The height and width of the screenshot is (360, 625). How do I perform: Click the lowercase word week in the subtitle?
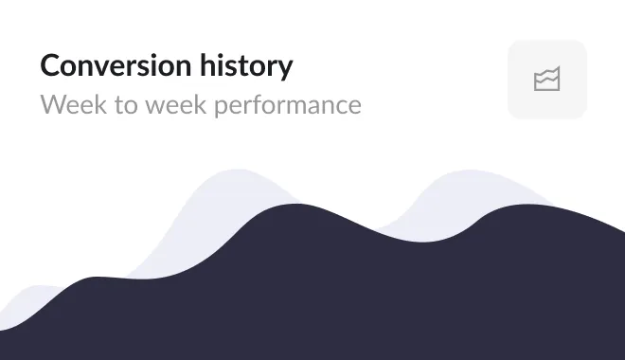coord(176,103)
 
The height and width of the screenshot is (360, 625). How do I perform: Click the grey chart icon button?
coord(547,80)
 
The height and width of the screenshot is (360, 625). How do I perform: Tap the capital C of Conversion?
coord(50,66)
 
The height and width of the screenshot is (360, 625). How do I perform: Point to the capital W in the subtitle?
coord(53,103)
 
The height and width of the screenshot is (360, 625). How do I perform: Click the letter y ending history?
coord(285,69)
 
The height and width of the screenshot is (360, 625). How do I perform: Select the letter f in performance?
coord(262,102)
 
